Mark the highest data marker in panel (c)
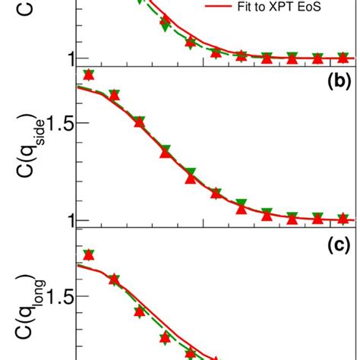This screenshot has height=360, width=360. (x=89, y=255)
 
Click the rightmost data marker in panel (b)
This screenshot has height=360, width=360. (x=343, y=219)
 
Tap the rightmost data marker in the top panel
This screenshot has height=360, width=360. (x=343, y=57)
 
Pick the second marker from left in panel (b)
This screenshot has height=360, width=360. (x=114, y=95)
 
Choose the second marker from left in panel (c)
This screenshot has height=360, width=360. (x=114, y=279)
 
